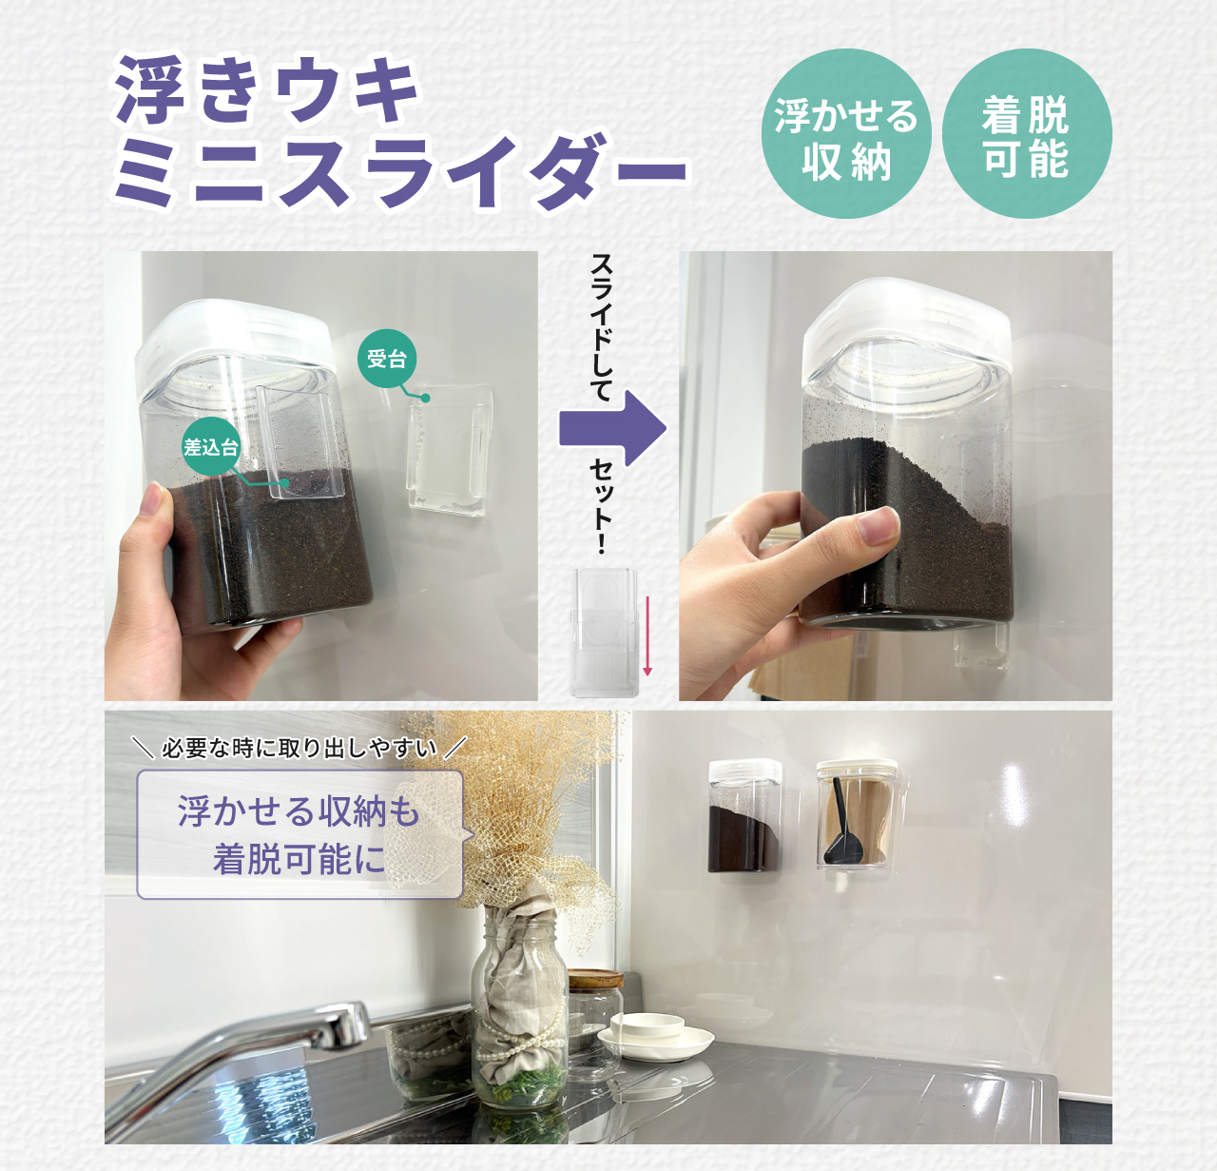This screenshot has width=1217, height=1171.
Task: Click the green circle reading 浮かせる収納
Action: click(846, 133)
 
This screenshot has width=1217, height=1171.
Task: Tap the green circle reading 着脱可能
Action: click(1027, 133)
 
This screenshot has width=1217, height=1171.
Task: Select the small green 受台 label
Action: click(386, 359)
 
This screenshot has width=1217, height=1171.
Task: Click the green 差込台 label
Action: click(211, 447)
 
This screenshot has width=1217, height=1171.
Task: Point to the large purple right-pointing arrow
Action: click(612, 429)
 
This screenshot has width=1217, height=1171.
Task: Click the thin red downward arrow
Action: click(647, 635)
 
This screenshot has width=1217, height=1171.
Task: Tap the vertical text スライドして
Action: click(601, 327)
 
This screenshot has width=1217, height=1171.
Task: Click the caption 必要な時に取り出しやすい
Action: click(299, 748)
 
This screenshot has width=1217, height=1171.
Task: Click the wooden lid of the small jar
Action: click(596, 978)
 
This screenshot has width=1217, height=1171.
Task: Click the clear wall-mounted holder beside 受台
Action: click(450, 451)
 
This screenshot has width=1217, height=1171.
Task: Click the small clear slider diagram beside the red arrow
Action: click(605, 633)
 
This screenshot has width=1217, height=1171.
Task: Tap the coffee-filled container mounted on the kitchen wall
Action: click(744, 815)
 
